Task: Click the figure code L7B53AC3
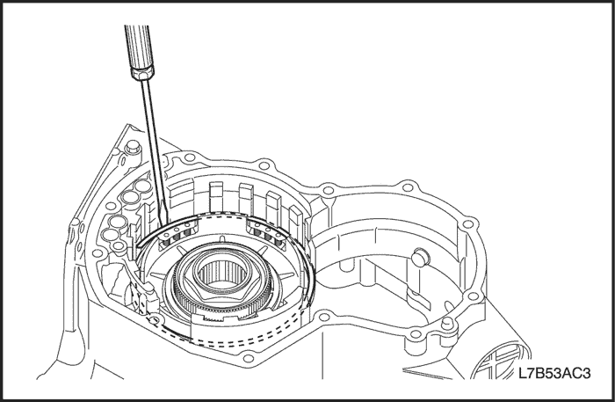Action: pos(554,373)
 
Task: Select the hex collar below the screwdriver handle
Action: pos(142,73)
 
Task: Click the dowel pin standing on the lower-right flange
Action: pos(446,325)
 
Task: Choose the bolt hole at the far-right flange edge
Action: pos(467,224)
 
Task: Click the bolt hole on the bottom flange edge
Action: pos(247,358)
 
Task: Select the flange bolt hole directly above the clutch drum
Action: pos(262,164)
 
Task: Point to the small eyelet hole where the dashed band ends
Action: pos(155,321)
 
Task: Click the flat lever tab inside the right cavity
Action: pos(418,300)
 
